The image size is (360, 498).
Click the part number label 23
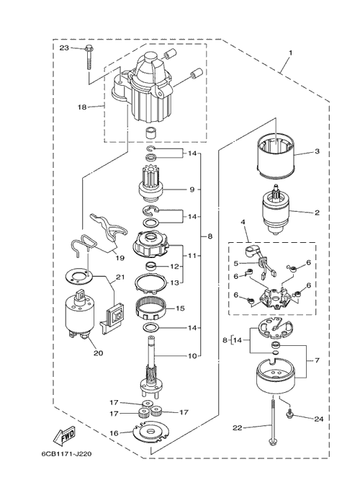(64, 48)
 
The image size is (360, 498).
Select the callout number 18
(82, 107)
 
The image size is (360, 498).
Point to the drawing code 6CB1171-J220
(66, 454)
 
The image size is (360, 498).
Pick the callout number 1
(290, 52)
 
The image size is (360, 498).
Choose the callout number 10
(192, 355)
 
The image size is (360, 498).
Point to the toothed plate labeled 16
(150, 431)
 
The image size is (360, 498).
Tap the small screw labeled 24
(290, 414)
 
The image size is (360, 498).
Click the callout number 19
(120, 258)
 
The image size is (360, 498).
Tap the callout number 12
(174, 267)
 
